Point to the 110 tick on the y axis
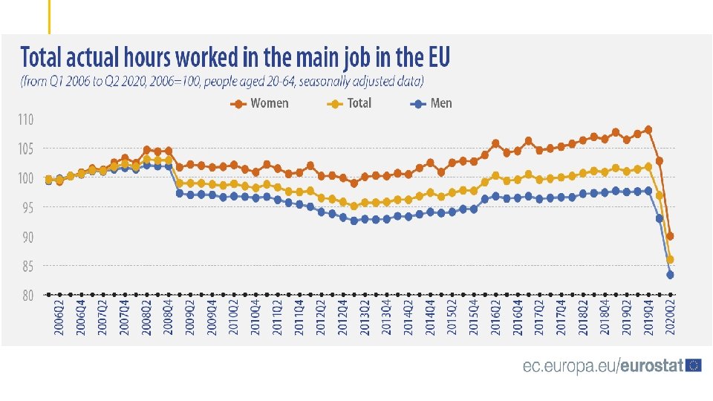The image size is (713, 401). pyautogui.click(x=25, y=120)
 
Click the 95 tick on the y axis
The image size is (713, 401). pyautogui.click(x=27, y=208)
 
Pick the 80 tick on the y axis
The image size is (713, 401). pyautogui.click(x=27, y=296)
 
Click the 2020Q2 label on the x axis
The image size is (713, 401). pyautogui.click(x=670, y=316)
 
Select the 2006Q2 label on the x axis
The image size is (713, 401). pyautogui.click(x=59, y=316)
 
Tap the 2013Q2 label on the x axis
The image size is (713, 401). pyautogui.click(x=365, y=316)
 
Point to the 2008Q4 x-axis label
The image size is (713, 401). pyautogui.click(x=169, y=316)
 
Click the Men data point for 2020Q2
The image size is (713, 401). pyautogui.click(x=670, y=275)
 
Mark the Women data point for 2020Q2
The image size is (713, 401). pyautogui.click(x=670, y=236)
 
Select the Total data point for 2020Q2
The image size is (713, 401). pyautogui.click(x=670, y=260)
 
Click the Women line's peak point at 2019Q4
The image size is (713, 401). pyautogui.click(x=648, y=130)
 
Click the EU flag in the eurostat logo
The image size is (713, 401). pyautogui.click(x=694, y=365)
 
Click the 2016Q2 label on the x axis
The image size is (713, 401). pyautogui.click(x=495, y=316)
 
